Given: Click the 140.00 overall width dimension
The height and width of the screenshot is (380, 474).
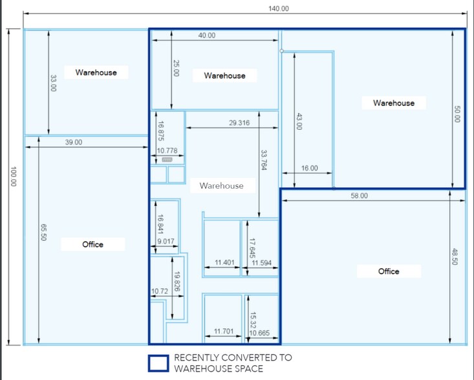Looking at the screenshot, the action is [x=279, y=8].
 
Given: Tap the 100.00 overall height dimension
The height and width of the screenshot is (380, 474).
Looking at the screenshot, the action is [x=14, y=176].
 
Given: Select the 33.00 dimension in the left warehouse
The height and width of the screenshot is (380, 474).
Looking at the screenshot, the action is [x=53, y=83].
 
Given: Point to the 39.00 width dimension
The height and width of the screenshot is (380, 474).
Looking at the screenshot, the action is [x=74, y=142].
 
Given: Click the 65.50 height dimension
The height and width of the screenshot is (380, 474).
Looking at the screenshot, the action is [x=43, y=232].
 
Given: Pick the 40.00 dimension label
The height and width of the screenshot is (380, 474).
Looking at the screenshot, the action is [x=207, y=36].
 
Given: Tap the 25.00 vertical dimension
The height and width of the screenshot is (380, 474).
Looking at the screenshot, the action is [x=177, y=68].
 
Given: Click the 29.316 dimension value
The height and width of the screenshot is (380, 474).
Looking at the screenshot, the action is [x=239, y=123].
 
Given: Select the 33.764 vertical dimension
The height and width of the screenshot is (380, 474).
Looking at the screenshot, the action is [x=264, y=160].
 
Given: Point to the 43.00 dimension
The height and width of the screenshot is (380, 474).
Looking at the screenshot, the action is [x=299, y=121].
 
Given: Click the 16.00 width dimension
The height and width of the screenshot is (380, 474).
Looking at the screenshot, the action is [x=309, y=168].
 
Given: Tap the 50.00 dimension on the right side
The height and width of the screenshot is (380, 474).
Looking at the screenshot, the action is [x=457, y=114].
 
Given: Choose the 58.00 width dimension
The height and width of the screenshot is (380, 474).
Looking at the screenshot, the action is [x=359, y=196].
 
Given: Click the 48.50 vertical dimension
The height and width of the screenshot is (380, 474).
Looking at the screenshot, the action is [x=455, y=257].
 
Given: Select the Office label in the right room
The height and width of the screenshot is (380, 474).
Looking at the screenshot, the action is [x=389, y=271].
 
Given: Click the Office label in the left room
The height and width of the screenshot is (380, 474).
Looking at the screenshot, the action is [x=93, y=244].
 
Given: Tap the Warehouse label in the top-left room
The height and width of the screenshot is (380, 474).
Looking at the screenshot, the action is [x=96, y=72].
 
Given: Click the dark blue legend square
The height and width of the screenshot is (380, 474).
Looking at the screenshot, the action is [x=158, y=363].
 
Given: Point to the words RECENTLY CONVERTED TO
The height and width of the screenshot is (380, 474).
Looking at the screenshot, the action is [x=233, y=357].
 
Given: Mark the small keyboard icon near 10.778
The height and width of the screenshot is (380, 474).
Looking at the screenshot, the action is [x=167, y=160].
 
